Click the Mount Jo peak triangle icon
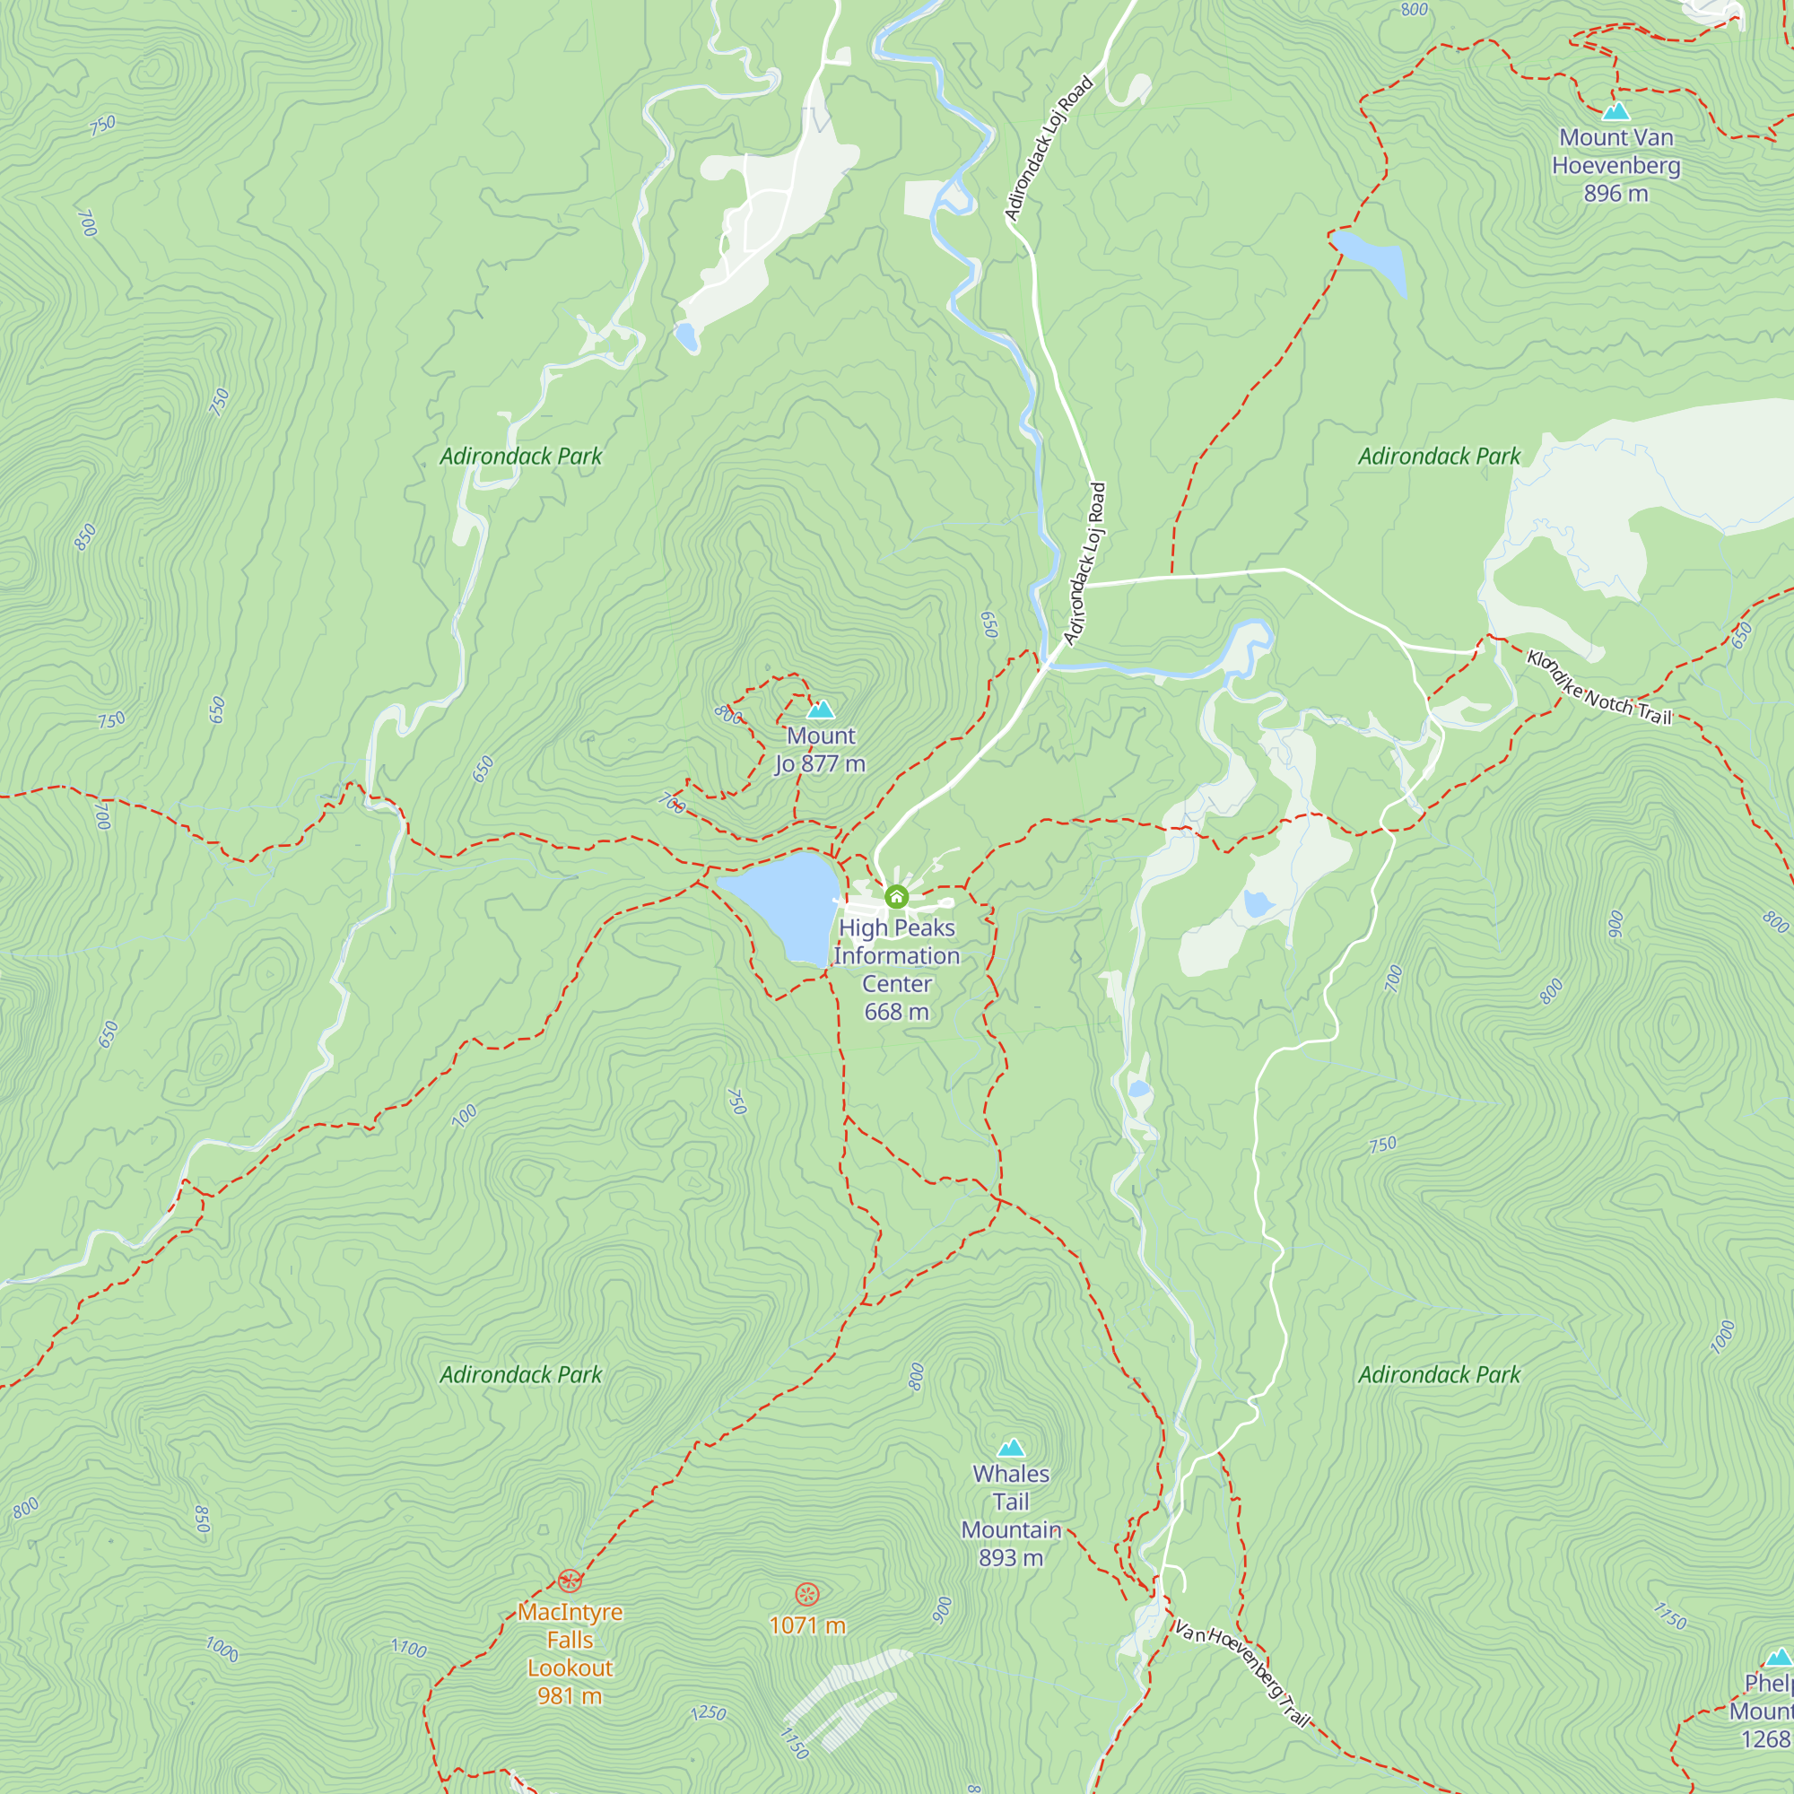click(820, 710)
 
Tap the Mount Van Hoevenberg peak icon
click(1615, 111)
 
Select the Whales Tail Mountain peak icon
click(1011, 1448)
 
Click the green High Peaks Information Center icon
click(896, 897)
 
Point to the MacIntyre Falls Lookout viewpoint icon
click(570, 1581)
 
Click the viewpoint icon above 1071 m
click(807, 1595)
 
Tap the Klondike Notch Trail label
click(1599, 688)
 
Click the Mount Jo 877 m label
click(821, 749)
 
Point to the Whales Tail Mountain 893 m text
click(1011, 1515)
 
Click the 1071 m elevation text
click(807, 1626)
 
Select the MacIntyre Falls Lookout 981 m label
click(570, 1654)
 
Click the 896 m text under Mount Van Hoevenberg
click(1615, 194)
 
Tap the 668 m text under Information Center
click(896, 1012)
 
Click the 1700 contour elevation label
click(408, 1648)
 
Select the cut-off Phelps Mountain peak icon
click(1778, 1658)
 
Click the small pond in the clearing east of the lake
click(1258, 902)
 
